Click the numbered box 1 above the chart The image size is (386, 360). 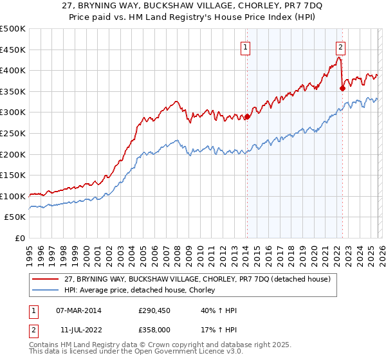point(246,46)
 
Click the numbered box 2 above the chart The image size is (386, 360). point(340,46)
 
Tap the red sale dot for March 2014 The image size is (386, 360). point(246,117)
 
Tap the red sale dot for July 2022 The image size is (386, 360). point(342,89)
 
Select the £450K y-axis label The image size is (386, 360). point(14,50)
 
